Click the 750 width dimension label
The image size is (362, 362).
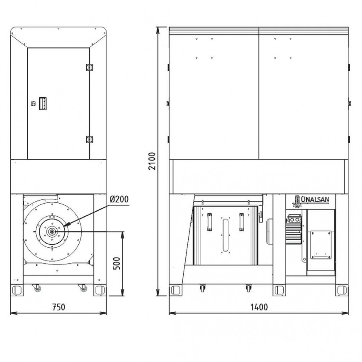tap(59, 307)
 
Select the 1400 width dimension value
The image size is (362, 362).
tap(259, 307)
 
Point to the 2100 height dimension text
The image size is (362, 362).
tap(152, 161)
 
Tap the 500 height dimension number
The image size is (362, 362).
tap(117, 263)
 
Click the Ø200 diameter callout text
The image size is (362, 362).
tap(119, 199)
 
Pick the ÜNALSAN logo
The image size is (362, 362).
tap(311, 201)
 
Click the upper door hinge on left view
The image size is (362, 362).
tap(89, 67)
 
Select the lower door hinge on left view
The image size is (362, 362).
tap(89, 139)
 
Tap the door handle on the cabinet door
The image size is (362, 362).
tap(43, 103)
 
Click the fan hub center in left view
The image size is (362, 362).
tap(52, 232)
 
